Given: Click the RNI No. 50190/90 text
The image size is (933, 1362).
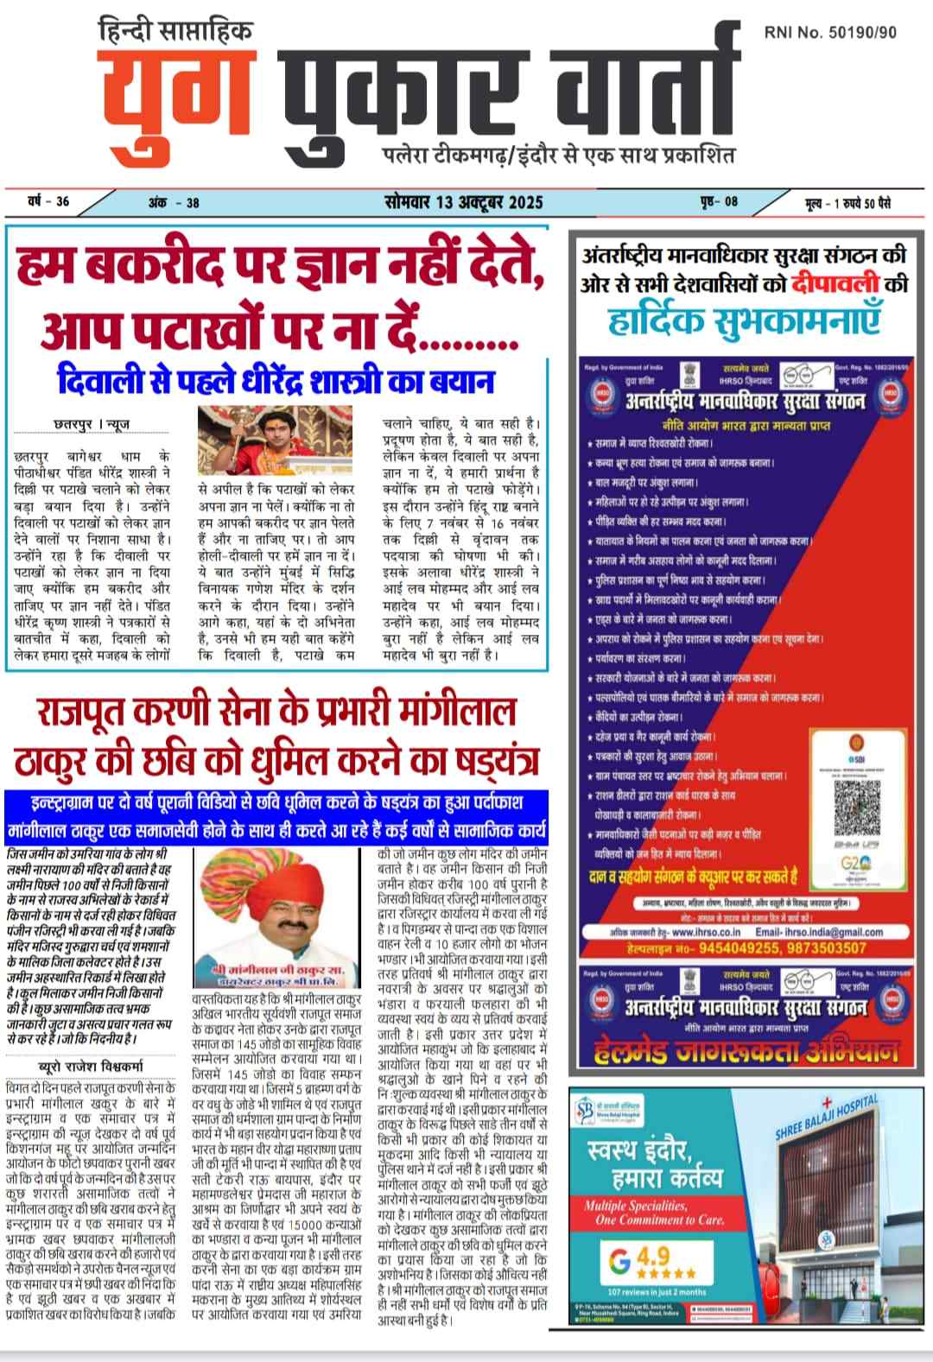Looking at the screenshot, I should (x=830, y=32).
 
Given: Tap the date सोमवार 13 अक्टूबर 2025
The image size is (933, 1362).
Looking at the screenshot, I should (x=464, y=202).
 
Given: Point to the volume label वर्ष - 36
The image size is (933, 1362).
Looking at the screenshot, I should (x=48, y=202).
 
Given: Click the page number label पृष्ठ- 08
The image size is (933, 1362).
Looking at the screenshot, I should (x=719, y=202).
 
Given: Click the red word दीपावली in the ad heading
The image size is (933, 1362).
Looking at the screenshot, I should (x=821, y=282).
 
